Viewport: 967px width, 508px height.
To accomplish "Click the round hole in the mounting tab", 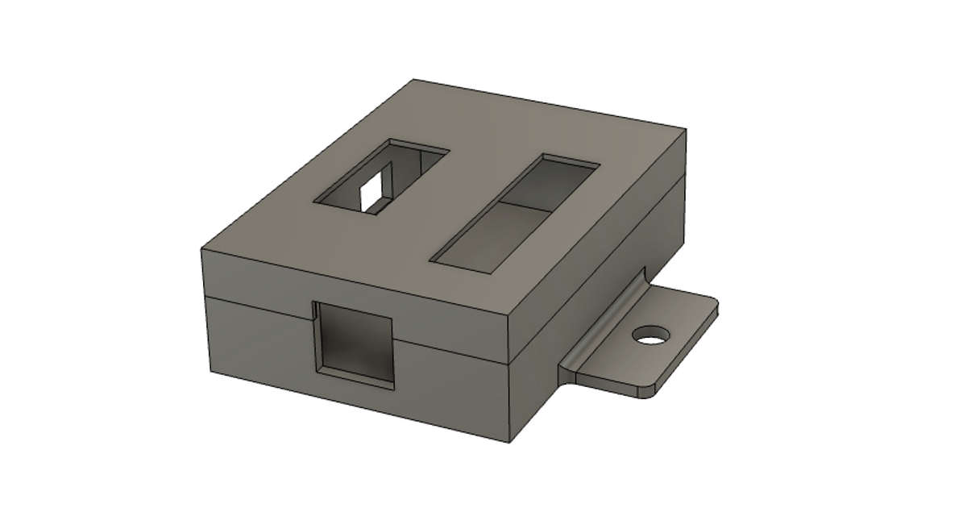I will tap(651, 334).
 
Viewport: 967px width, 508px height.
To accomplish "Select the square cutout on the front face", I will tap(355, 343).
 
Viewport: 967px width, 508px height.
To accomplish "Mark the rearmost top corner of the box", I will tap(414, 80).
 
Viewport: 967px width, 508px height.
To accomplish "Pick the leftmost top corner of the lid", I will tap(201, 250).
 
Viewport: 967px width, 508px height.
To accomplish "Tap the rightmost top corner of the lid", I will tap(686, 129).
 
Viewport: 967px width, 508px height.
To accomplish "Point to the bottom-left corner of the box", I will tap(210, 376).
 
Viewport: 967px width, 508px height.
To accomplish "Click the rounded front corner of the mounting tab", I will tap(645, 394).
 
